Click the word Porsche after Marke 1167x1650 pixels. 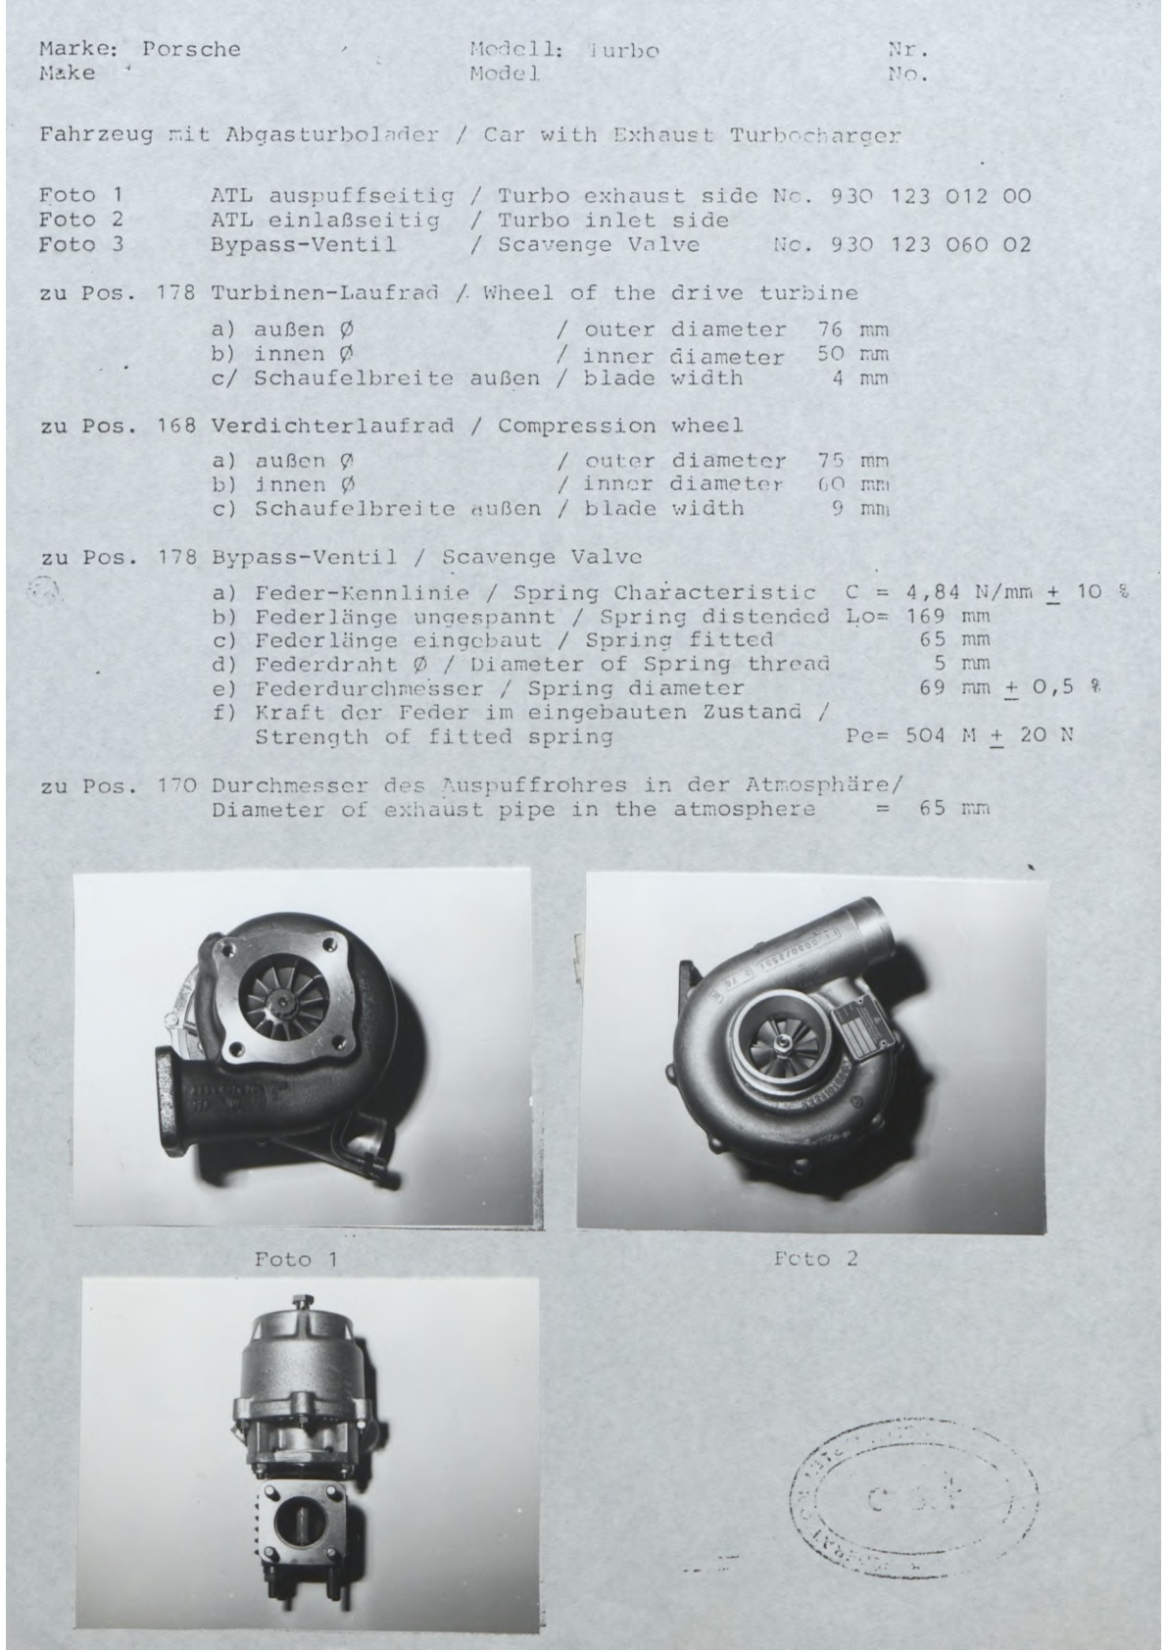pyautogui.click(x=191, y=49)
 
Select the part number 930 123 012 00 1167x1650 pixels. pyautogui.click(x=930, y=195)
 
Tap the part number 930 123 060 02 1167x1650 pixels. pyautogui.click(x=930, y=244)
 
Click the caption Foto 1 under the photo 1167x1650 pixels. pyautogui.click(x=295, y=1258)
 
